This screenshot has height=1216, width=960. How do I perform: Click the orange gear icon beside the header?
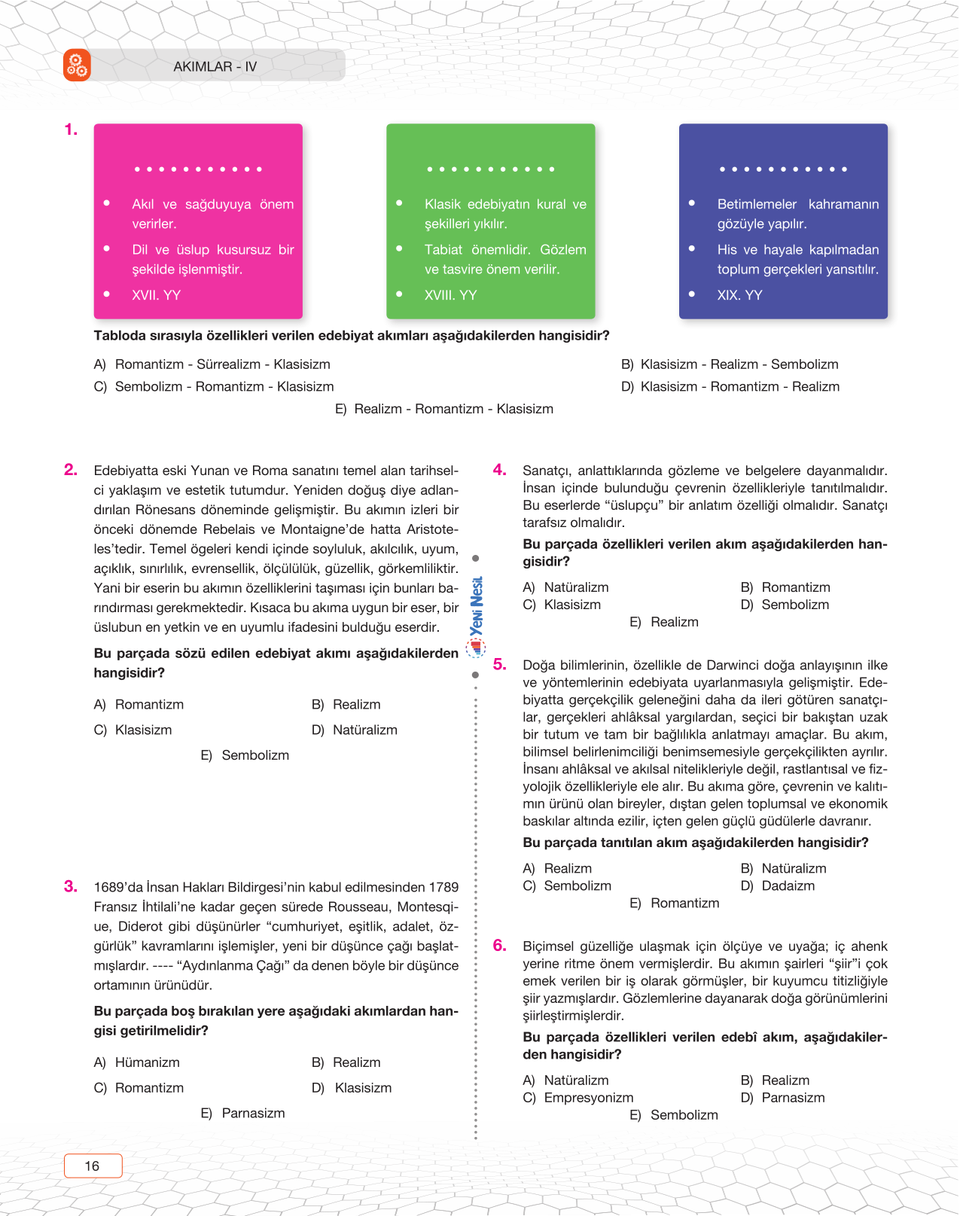77,66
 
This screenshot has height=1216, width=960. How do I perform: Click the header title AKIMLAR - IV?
215,66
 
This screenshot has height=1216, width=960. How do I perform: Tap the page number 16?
93,1166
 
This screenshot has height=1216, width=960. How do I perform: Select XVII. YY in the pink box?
156,295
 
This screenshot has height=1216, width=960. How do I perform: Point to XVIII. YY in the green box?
450,295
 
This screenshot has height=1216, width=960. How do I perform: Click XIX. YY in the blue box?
739,295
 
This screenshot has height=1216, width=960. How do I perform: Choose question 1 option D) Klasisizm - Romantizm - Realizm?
730,386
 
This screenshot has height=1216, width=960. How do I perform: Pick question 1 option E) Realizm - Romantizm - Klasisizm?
444,409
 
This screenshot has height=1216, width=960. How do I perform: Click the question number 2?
71,470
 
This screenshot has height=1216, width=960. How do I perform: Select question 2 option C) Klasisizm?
133,730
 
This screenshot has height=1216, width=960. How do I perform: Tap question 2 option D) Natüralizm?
355,730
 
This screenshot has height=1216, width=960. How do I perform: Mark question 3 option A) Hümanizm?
137,1062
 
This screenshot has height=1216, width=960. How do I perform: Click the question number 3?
71,886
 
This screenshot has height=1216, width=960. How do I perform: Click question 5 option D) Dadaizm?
778,885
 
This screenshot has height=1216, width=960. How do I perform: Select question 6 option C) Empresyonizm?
578,1097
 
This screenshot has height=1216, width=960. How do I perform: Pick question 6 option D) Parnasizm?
783,1097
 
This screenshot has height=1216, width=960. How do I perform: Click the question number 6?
500,945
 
